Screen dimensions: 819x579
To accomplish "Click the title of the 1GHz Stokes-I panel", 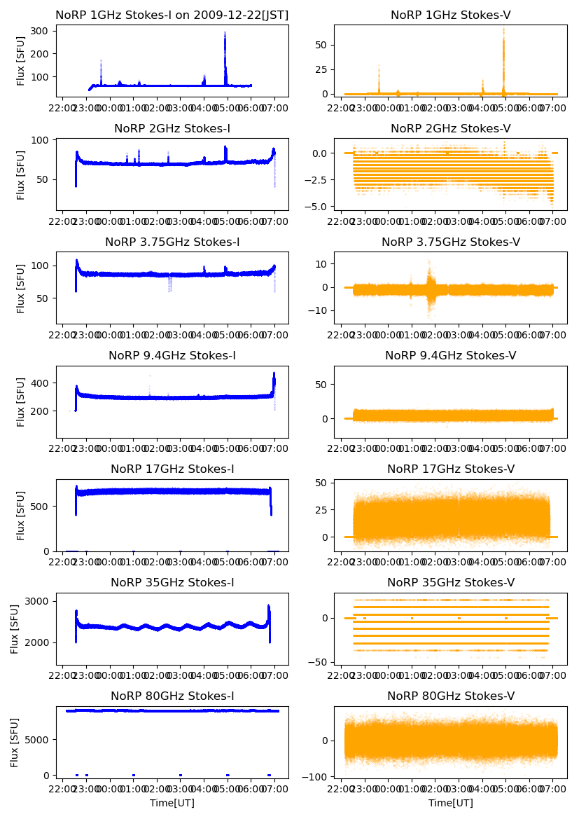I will coord(172,15).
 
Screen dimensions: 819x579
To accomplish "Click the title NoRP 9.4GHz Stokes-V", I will coord(450,355).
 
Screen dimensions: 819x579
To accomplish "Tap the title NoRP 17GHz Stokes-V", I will coord(450,469).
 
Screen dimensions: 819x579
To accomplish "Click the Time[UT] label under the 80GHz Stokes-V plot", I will coord(450,803).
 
